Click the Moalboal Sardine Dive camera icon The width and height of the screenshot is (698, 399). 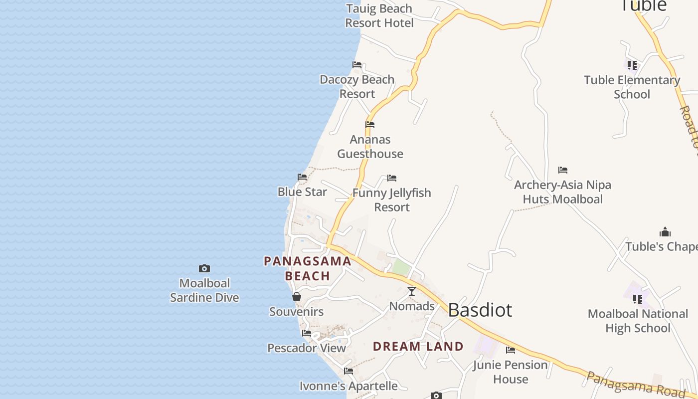click(204, 269)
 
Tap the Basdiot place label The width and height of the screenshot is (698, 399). click(480, 310)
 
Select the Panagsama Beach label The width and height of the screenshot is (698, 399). click(307, 268)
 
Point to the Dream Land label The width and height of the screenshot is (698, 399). click(418, 346)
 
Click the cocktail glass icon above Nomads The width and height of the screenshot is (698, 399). click(412, 291)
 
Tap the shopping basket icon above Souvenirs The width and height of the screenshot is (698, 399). click(297, 297)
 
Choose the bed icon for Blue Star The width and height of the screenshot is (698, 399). click(302, 177)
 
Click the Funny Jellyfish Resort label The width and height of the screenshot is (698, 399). click(392, 200)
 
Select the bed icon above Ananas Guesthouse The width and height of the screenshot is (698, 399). click(370, 125)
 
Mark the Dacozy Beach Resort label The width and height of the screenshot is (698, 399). click(357, 87)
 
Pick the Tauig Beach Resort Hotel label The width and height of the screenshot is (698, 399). click(379, 16)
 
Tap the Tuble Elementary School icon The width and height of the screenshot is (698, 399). click(632, 65)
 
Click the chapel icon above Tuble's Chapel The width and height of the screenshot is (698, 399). click(665, 232)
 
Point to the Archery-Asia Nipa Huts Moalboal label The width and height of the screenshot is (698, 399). click(562, 192)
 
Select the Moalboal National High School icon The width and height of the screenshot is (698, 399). click(638, 299)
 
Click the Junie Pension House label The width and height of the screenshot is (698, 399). click(511, 372)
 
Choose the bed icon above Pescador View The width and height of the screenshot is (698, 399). click(307, 333)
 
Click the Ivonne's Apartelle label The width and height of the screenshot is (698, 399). click(349, 386)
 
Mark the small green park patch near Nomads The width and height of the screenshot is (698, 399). click(401, 267)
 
